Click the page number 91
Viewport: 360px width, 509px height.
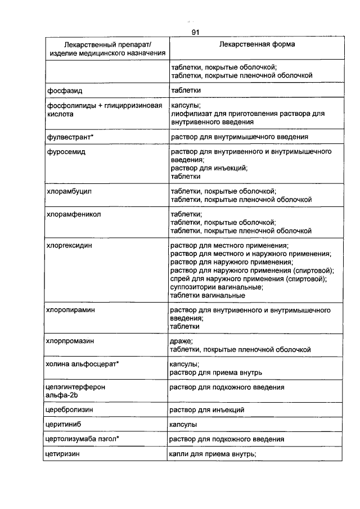(196, 33)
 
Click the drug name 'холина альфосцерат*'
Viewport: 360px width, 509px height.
(83, 364)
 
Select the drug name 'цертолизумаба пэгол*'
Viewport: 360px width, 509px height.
(84, 439)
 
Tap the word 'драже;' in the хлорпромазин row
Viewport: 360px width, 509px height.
(182, 341)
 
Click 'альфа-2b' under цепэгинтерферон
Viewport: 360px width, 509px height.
(62, 395)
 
